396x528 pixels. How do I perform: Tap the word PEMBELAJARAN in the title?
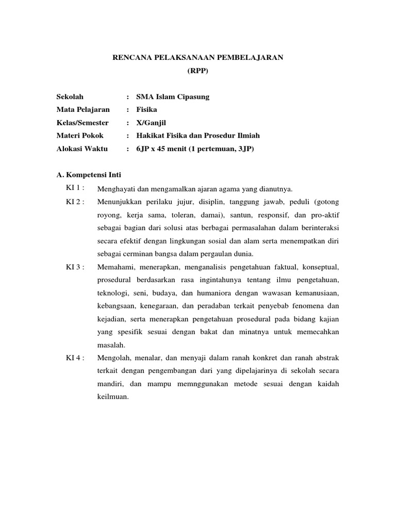click(x=253, y=58)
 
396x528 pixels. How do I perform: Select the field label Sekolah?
click(x=70, y=96)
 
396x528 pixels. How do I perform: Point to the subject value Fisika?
click(x=146, y=109)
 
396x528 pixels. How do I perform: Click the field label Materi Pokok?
click(x=80, y=135)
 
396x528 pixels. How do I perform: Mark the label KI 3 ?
click(x=75, y=267)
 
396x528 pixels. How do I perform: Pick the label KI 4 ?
click(x=75, y=357)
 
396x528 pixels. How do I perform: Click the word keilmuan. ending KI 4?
click(x=112, y=397)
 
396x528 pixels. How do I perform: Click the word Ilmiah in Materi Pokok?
click(x=249, y=135)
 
